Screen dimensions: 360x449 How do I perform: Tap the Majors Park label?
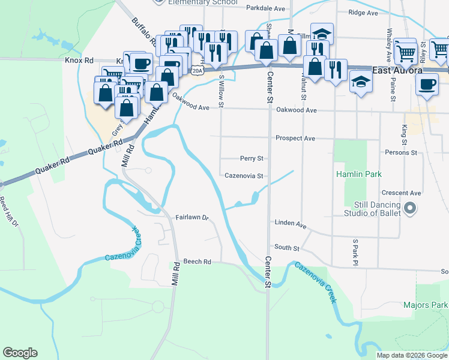point(425,305)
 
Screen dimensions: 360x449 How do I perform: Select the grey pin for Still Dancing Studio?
point(411,208)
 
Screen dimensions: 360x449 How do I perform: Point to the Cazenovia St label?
point(244,176)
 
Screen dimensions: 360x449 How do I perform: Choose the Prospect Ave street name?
point(295,138)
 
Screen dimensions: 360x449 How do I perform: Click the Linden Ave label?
point(291,223)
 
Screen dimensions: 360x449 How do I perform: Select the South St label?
point(287,247)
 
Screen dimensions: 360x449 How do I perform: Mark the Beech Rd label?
point(197,262)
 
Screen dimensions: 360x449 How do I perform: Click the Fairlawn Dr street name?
point(191,217)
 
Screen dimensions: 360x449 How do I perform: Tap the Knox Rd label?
point(80,61)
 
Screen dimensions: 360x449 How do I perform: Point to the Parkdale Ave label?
point(266,8)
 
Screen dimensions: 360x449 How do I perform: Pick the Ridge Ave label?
point(364,13)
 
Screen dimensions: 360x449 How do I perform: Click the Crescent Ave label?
point(402,193)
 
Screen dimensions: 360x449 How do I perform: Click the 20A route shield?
point(197,71)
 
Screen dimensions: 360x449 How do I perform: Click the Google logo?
point(20,353)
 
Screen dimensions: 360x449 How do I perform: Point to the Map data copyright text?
point(412,355)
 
